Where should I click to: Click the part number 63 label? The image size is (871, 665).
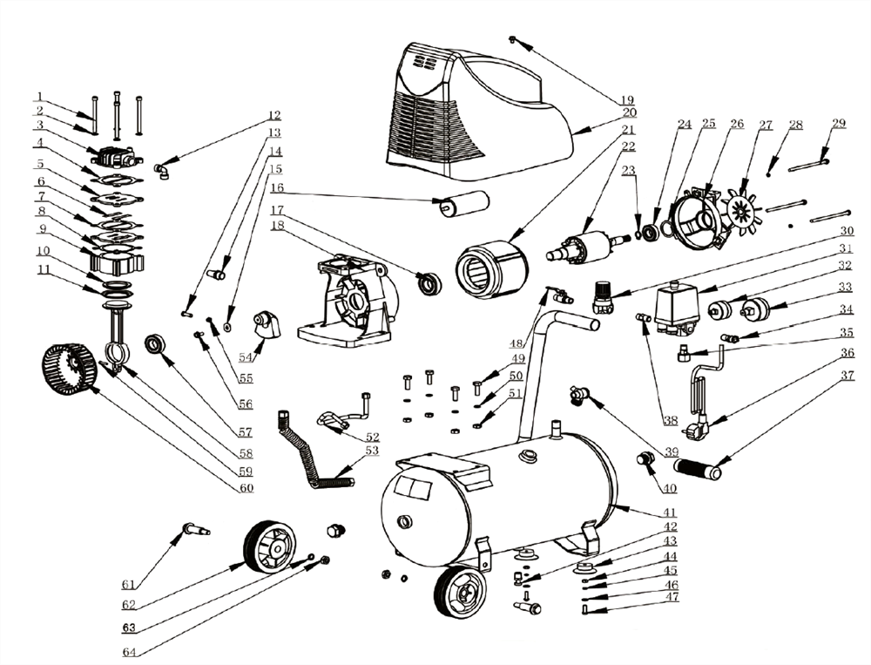(x=128, y=627)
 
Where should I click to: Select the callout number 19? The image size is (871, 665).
(x=628, y=98)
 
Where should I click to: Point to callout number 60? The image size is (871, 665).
(x=246, y=487)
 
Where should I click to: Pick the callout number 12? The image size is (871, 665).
(x=274, y=115)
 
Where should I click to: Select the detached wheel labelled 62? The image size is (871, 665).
(x=268, y=546)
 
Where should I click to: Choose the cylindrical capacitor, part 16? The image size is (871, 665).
(x=464, y=203)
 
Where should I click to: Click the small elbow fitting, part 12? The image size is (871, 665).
(x=162, y=170)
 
